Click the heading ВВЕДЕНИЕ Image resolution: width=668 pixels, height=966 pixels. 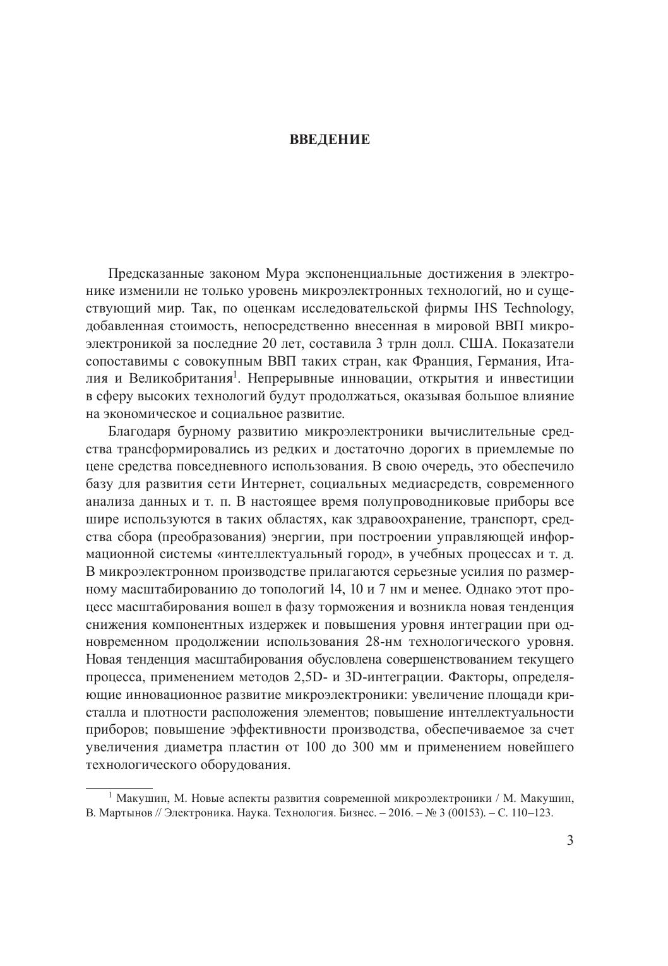click(330, 140)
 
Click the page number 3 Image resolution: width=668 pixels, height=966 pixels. click(570, 840)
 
